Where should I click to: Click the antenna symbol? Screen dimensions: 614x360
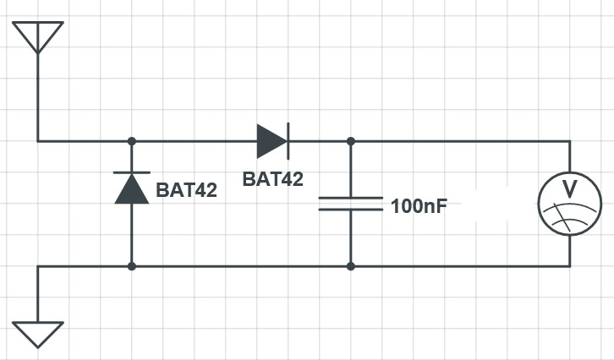click(x=37, y=37)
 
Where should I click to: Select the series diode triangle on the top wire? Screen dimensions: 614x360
click(x=271, y=141)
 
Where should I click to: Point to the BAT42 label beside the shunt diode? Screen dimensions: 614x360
click(x=186, y=190)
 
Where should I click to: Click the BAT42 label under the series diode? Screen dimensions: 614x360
click(x=273, y=179)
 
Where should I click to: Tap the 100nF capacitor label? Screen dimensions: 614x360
click(x=419, y=206)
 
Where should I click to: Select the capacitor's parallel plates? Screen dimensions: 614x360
click(x=351, y=204)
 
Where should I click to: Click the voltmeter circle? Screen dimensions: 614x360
click(x=570, y=172)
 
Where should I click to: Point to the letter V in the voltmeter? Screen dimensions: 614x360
click(x=570, y=189)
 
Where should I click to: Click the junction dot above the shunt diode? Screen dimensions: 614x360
click(x=132, y=141)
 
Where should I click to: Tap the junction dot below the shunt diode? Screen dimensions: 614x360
click(x=132, y=266)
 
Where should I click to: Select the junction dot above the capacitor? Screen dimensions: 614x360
click(x=351, y=141)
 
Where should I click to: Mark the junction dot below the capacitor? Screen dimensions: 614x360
click(x=351, y=266)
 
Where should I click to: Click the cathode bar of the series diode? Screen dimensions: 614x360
click(x=288, y=141)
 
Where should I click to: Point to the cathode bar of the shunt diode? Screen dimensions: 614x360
click(x=132, y=172)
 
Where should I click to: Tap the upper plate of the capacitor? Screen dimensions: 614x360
click(x=351, y=198)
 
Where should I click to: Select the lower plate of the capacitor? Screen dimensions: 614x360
click(x=351, y=210)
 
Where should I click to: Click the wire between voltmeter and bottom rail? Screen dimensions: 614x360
click(x=570, y=251)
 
